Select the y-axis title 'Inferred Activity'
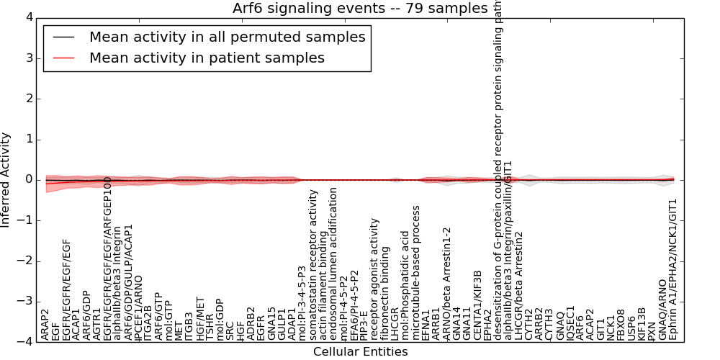pos(6,180)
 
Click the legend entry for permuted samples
pos(227,37)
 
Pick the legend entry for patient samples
pos(207,58)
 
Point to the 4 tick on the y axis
pos(27,17)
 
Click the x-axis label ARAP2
pos(45,325)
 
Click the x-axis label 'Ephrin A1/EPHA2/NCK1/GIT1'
pos(673,269)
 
